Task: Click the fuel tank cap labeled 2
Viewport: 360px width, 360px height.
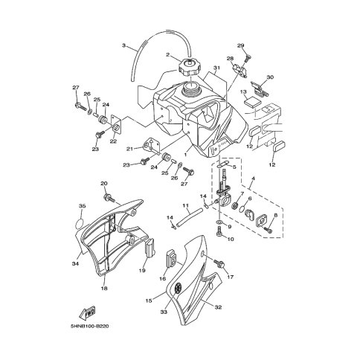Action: coord(189,68)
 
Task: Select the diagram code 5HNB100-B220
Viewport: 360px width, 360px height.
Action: coord(89,326)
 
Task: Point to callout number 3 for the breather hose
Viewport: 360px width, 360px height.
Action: coord(131,45)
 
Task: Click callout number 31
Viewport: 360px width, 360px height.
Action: coord(217,68)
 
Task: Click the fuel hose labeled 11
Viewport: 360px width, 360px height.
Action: coord(190,215)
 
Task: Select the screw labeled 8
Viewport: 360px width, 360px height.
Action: coord(268,230)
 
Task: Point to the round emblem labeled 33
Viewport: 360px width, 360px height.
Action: coord(178,289)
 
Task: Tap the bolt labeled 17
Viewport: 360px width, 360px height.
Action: coord(219,263)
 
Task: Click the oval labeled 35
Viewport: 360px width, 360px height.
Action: coord(80,224)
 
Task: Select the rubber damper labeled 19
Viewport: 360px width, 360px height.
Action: coord(150,246)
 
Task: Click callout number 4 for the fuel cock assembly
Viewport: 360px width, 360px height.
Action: coord(254,178)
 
